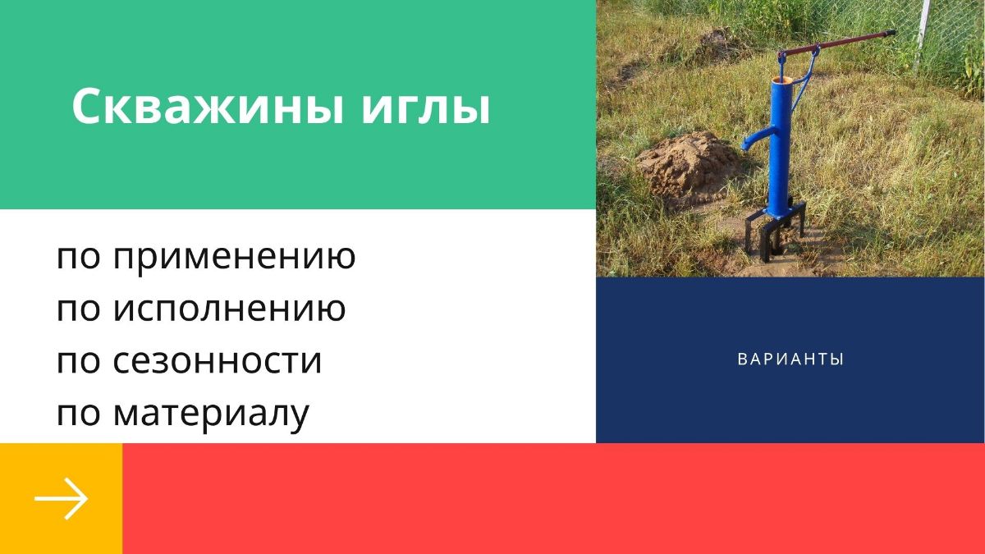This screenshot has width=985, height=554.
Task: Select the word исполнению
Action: click(229, 310)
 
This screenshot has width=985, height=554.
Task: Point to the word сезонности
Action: click(218, 362)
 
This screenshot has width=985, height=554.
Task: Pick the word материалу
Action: click(211, 414)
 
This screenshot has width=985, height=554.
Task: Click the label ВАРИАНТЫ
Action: click(790, 359)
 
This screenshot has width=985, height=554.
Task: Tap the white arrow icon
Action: click(61, 498)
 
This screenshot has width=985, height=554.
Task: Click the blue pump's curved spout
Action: click(755, 138)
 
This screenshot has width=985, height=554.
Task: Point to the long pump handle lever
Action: click(845, 42)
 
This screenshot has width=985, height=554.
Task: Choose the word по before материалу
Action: click(78, 414)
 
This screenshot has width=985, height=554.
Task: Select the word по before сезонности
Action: click(78, 362)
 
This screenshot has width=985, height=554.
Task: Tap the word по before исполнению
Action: click(78, 310)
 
